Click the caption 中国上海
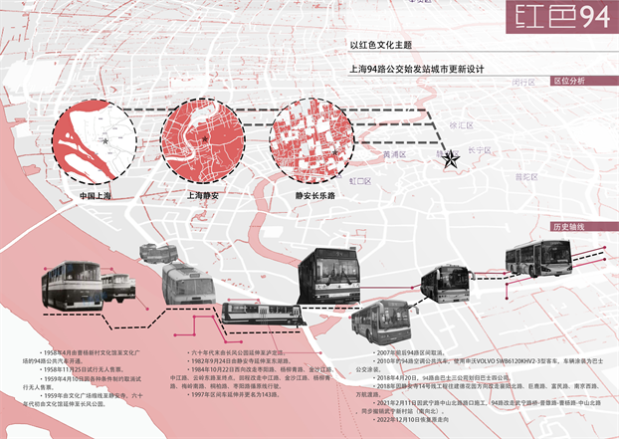(x=95, y=196)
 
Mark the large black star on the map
(x=451, y=157)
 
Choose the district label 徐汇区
(x=464, y=125)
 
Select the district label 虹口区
(x=360, y=182)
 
